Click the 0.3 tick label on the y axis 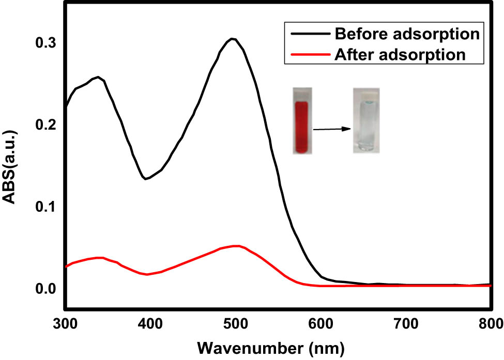pos(45,43)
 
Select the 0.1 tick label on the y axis pos(45,207)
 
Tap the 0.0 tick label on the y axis pos(45,288)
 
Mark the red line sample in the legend pos(308,54)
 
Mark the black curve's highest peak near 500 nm pos(233,39)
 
